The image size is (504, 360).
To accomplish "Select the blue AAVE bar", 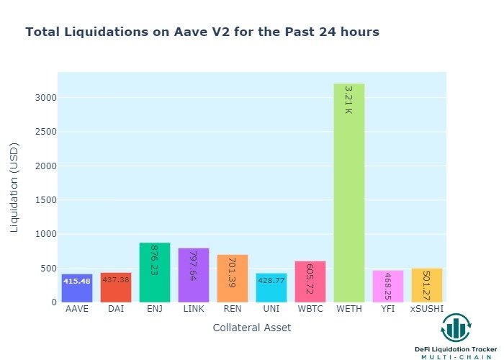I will tap(77, 288).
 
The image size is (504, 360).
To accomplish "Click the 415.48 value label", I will tap(77, 281).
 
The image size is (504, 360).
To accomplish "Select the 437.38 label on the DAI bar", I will tap(116, 279).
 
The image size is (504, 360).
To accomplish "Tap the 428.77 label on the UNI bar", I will tap(271, 280).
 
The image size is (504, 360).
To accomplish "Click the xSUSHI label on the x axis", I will tap(427, 310).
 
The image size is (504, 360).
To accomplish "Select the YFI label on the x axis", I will tap(387, 310).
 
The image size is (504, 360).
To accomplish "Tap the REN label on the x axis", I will tap(232, 310).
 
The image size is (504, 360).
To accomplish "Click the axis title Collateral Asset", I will tap(252, 328).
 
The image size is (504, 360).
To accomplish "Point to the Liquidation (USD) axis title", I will tap(14, 187).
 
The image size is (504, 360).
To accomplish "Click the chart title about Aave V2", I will tap(202, 32).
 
